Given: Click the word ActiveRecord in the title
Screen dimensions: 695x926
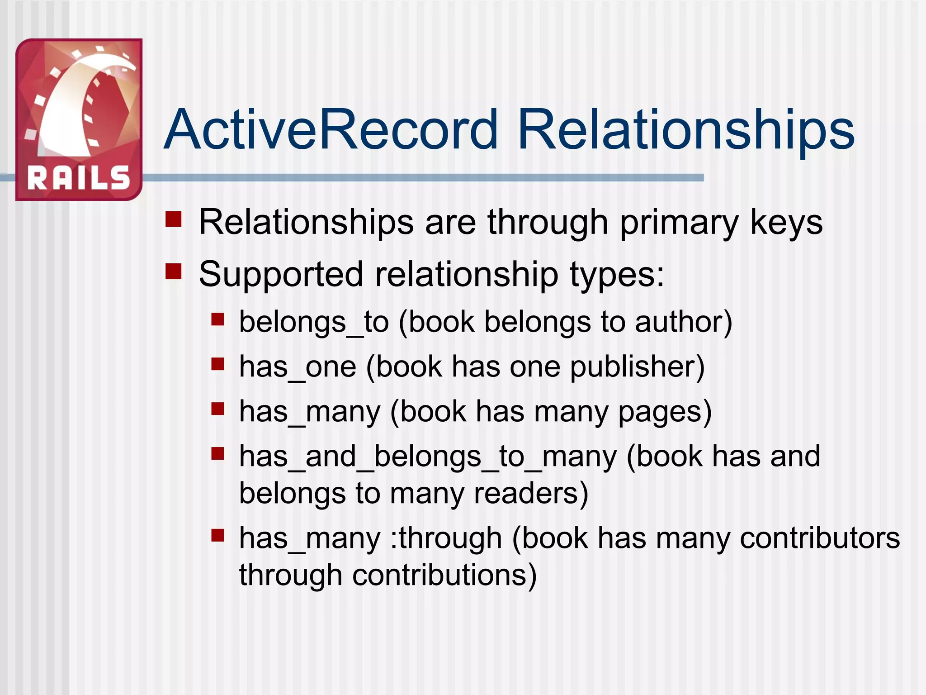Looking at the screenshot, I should tap(331, 129).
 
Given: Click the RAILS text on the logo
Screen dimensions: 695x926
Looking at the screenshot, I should tap(79, 178).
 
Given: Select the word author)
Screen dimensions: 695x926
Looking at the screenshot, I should tap(683, 322).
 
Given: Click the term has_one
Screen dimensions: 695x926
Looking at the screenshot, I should tap(298, 367).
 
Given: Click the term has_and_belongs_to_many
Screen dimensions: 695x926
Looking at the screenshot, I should tap(428, 456).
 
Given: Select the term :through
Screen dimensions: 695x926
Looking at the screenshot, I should tap(446, 538).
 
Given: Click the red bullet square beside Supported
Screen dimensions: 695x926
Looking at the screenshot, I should tap(173, 271).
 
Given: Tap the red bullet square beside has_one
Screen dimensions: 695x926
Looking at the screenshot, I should tap(218, 364).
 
